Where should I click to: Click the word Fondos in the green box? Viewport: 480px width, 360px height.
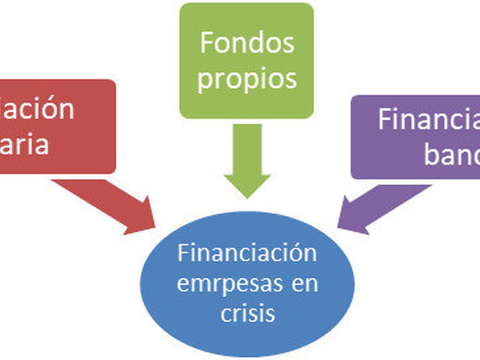(x=247, y=43)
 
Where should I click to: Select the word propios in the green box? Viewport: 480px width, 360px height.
(x=247, y=78)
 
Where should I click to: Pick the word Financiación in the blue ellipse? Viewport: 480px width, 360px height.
(x=247, y=253)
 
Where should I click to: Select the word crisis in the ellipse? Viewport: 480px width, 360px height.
(x=247, y=313)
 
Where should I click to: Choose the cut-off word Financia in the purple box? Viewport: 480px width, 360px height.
(x=427, y=120)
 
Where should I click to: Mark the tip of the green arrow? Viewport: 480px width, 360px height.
(x=247, y=196)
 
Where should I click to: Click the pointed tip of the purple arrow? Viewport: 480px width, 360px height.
(x=338, y=228)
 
